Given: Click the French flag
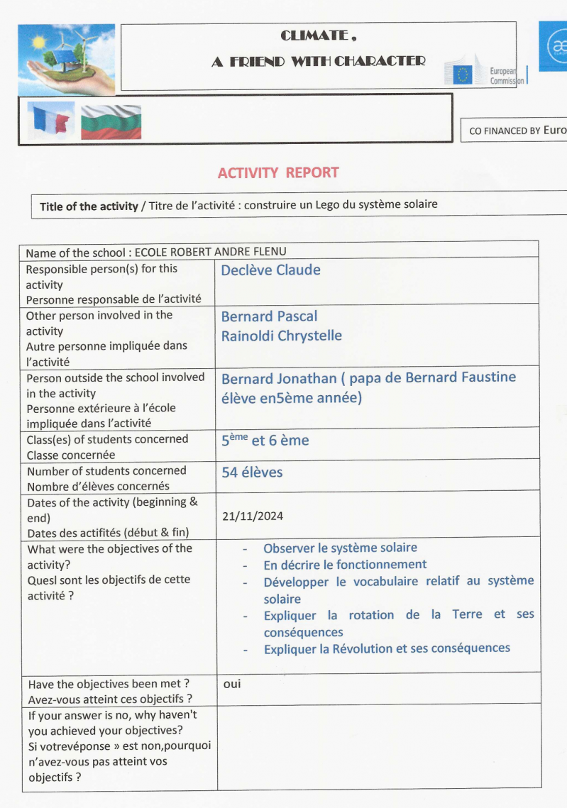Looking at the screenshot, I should [x=50, y=120].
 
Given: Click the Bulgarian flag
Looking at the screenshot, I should [x=111, y=121].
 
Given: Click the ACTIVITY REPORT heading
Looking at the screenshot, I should [x=278, y=172].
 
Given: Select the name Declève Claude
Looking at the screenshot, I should [x=270, y=270].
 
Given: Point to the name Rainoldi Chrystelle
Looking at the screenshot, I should [x=281, y=336].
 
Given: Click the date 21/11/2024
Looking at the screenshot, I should [x=252, y=516].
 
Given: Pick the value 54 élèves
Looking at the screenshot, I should [x=252, y=472].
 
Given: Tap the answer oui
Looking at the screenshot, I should [x=231, y=685].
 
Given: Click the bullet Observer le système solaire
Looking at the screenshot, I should [x=340, y=548].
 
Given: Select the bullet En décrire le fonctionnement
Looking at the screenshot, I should [x=345, y=565].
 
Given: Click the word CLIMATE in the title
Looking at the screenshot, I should [x=312, y=35].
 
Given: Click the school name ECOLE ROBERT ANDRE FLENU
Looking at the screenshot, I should [x=211, y=252].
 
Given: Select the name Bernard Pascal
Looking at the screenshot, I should [x=269, y=316].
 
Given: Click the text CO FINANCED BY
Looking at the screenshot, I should [x=505, y=131].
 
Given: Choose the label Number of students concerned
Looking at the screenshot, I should [x=106, y=470].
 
